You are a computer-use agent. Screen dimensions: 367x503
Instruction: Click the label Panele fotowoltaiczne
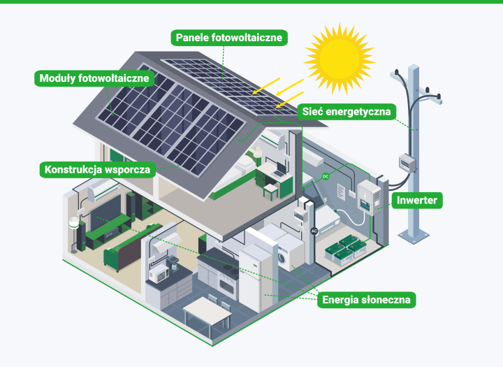[x=229, y=38]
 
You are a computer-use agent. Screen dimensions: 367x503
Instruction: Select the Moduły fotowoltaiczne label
[x=94, y=78]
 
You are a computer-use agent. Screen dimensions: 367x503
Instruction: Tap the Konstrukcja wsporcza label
[x=96, y=169]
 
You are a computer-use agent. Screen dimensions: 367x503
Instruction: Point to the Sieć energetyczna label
[x=347, y=111]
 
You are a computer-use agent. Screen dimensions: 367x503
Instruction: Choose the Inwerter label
[x=417, y=201]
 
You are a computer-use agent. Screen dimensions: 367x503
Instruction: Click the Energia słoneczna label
[x=367, y=301]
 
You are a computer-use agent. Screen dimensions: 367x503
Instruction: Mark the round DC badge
[x=325, y=178]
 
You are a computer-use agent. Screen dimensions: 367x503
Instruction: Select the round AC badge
[x=314, y=230]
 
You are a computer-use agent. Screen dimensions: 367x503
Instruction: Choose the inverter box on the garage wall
[x=366, y=197]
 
